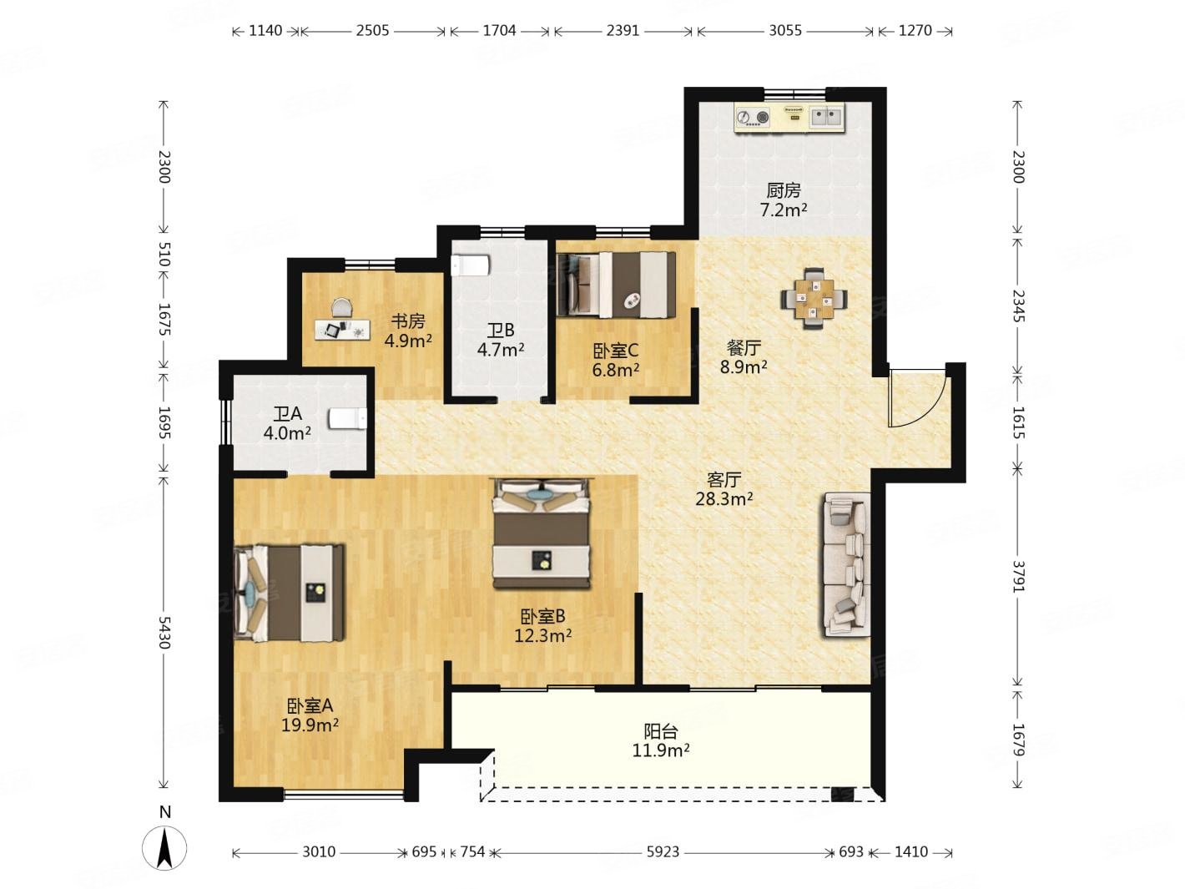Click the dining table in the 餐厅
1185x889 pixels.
(x=813, y=299)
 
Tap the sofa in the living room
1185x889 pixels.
(x=846, y=564)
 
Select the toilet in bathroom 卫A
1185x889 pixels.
(x=348, y=419)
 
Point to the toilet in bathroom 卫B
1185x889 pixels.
(x=470, y=265)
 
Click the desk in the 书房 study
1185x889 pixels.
(x=343, y=329)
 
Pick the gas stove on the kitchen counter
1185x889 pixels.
(x=752, y=117)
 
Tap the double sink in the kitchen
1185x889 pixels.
(x=826, y=117)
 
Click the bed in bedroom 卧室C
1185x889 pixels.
(x=616, y=285)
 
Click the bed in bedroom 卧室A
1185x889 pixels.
(x=290, y=592)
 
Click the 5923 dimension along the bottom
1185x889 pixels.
(x=663, y=851)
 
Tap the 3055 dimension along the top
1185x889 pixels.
(x=785, y=31)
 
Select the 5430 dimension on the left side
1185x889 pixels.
(x=164, y=632)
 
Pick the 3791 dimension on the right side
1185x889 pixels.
(x=1018, y=577)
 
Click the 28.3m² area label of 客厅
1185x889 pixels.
(x=724, y=498)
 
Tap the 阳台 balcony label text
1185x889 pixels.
(x=661, y=732)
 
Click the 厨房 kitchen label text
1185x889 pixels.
(x=784, y=190)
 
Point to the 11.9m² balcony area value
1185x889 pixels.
(x=661, y=750)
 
